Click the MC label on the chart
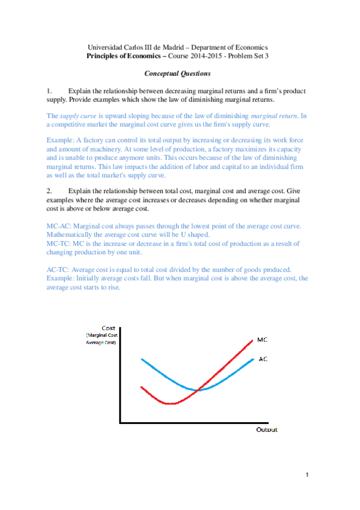coord(262,340)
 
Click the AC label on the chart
coord(263,359)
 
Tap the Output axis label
coord(267,430)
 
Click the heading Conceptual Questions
coord(177,74)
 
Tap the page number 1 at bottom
coord(307,476)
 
